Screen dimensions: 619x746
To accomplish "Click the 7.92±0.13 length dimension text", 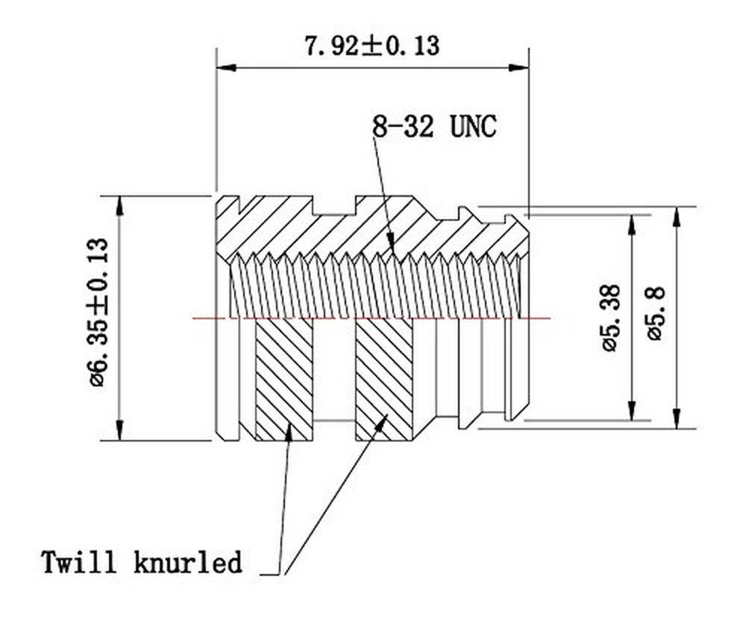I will pos(372,45).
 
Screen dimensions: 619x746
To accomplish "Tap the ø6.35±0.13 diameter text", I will pos(98,312).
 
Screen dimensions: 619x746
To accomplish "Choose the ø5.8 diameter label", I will pos(656,312).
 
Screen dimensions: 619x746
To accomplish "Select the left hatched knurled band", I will pos(283,379).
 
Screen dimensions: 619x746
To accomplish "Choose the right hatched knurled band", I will pos(383,379).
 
